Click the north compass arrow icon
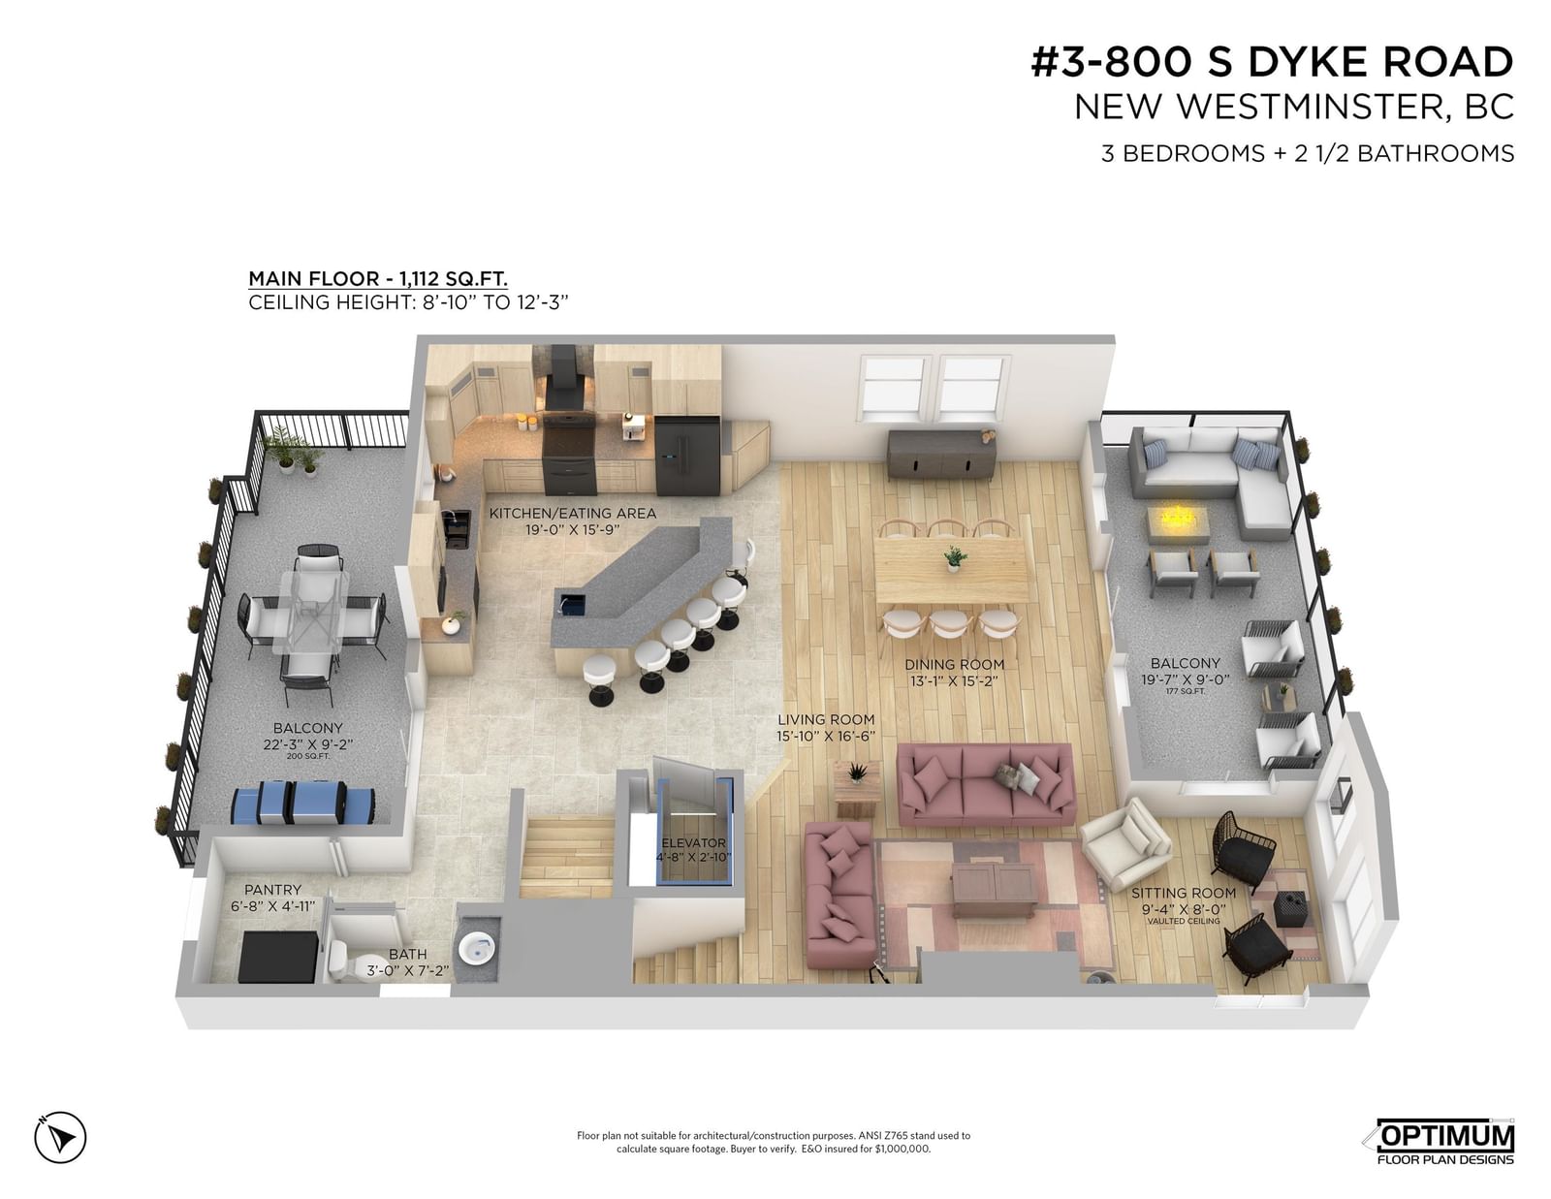click(x=60, y=1136)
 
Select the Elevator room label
click(x=692, y=843)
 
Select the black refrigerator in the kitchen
click(x=687, y=457)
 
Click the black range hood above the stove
click(x=567, y=378)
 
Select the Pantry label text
click(x=272, y=890)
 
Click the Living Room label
click(x=826, y=720)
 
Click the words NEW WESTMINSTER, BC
click(x=1294, y=107)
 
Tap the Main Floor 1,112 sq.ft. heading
click(x=378, y=278)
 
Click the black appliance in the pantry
click(x=277, y=957)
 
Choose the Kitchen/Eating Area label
click(x=573, y=513)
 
